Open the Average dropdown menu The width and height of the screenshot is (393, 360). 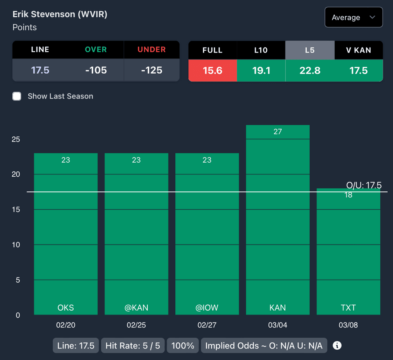click(353, 17)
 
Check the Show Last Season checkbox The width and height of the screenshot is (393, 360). click(17, 96)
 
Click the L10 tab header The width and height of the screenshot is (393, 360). click(261, 50)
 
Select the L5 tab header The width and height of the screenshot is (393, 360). click(310, 50)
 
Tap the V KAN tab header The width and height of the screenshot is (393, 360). click(358, 50)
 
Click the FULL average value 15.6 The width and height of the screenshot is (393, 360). click(213, 71)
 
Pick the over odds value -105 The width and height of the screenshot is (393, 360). click(96, 70)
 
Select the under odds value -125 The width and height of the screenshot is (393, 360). click(152, 70)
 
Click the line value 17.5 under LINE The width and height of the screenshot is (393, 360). click(40, 70)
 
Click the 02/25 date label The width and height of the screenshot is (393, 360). click(136, 325)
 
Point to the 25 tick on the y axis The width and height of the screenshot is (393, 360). click(16, 139)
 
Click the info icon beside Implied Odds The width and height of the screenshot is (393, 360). click(337, 345)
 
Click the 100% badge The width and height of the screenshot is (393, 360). click(183, 345)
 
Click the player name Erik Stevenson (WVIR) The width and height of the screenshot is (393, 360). click(60, 14)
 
